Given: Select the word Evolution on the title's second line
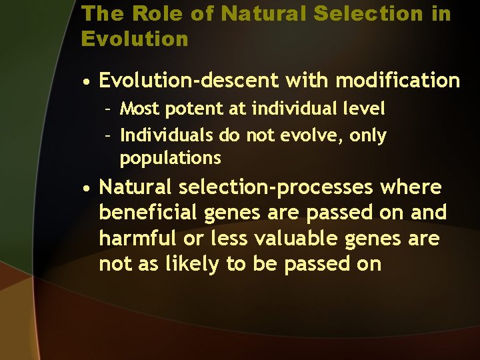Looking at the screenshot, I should coord(135,39).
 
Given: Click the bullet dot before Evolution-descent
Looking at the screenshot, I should coord(87,82).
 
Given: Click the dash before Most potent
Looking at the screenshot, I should coord(107,108).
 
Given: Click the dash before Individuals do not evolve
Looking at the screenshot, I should coord(107,136).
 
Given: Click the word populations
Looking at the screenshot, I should coord(170,159).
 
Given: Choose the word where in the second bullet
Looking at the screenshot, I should coord(411,187).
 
